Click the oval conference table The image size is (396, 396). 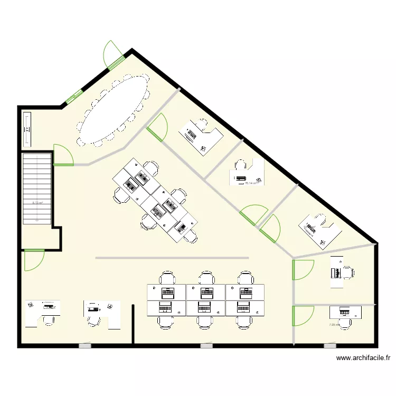click(x=114, y=110)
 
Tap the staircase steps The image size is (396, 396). click(x=36, y=187)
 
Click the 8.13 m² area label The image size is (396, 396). click(x=37, y=202)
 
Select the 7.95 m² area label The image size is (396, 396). click(x=334, y=325)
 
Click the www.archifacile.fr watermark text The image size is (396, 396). click(x=363, y=359)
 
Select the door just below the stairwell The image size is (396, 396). click(x=33, y=259)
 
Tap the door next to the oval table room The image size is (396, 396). click(x=158, y=128)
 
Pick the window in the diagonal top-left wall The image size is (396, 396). click(x=73, y=96)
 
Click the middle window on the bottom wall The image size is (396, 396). click(x=206, y=346)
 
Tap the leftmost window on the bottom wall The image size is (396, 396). click(x=85, y=346)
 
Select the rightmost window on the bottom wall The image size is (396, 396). click(x=329, y=346)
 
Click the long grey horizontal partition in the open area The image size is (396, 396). click(x=172, y=258)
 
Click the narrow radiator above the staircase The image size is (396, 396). click(x=27, y=129)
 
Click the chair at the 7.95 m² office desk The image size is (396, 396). click(x=346, y=323)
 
